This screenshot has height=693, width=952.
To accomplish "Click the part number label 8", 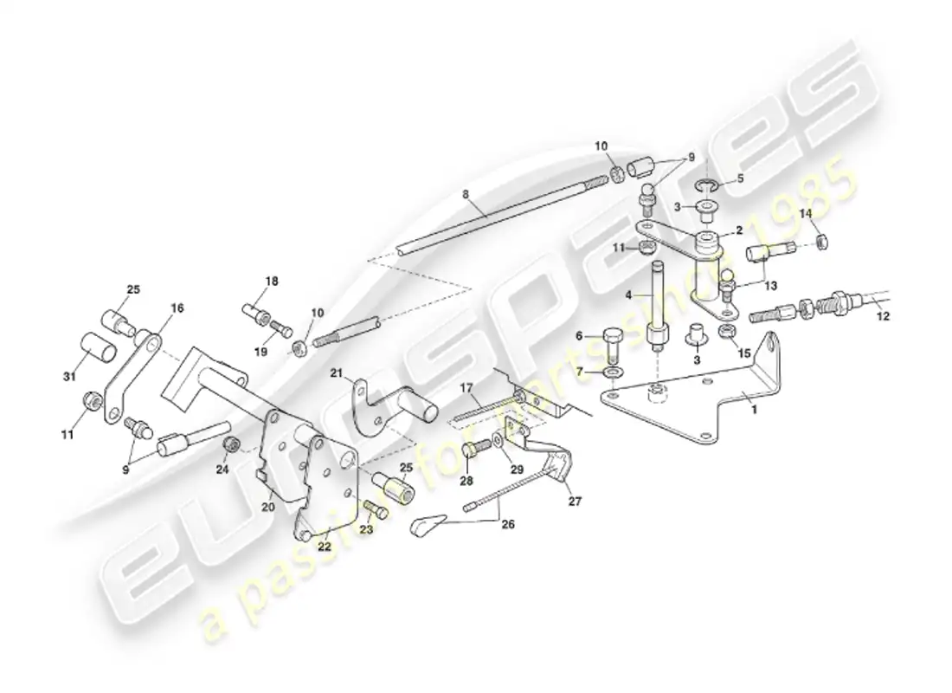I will (466, 197).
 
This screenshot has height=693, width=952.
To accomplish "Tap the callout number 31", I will (69, 375).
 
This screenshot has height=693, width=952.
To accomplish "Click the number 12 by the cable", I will (883, 317).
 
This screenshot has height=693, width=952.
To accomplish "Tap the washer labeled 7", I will (612, 373).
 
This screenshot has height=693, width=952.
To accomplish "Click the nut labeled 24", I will (231, 444).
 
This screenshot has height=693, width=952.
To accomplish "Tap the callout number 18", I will (272, 282).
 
